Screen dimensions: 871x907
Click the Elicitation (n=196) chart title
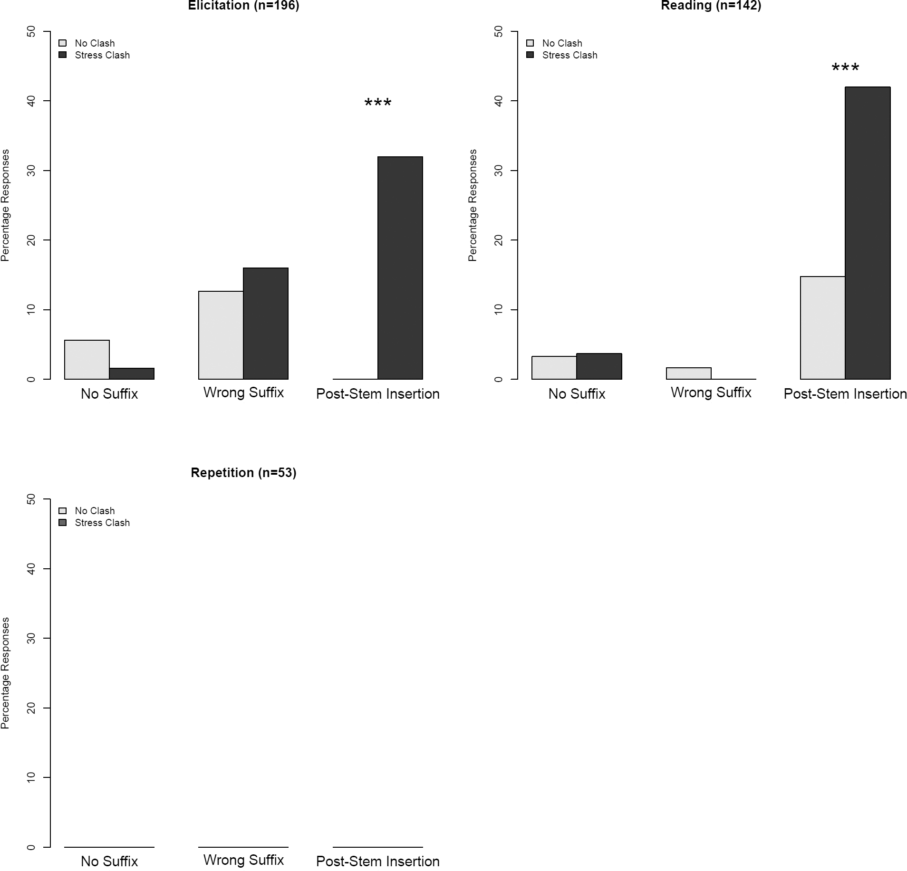pos(243,5)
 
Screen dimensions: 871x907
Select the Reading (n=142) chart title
pos(711,5)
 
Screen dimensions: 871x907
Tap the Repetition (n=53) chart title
pos(243,473)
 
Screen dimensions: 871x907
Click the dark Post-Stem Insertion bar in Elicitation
pos(400,268)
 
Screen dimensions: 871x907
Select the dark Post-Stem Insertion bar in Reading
pos(868,233)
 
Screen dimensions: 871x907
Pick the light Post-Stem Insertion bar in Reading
pos(822,328)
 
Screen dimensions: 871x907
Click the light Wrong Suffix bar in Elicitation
pos(221,335)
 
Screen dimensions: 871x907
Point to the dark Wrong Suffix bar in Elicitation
pos(266,324)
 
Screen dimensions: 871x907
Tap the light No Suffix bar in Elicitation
pos(87,360)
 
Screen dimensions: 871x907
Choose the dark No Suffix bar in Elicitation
pos(132,373)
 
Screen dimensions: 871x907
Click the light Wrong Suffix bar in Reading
pos(688,373)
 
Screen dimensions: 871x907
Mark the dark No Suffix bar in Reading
pos(599,366)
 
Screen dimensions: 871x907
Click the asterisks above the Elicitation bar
pos(378,103)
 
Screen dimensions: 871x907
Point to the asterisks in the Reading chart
pos(845,67)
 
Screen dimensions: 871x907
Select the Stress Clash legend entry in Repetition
pos(102,523)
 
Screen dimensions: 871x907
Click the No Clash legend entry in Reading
pos(561,43)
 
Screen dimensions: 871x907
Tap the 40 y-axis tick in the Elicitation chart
pos(31,101)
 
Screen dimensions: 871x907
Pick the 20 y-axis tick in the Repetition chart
pos(31,708)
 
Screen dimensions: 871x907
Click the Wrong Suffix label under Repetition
pos(243,860)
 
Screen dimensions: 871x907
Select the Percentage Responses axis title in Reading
pos(473,205)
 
